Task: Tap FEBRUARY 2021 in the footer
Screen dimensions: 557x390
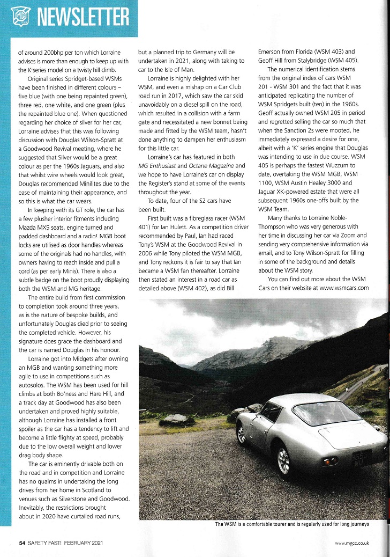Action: point(80,543)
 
